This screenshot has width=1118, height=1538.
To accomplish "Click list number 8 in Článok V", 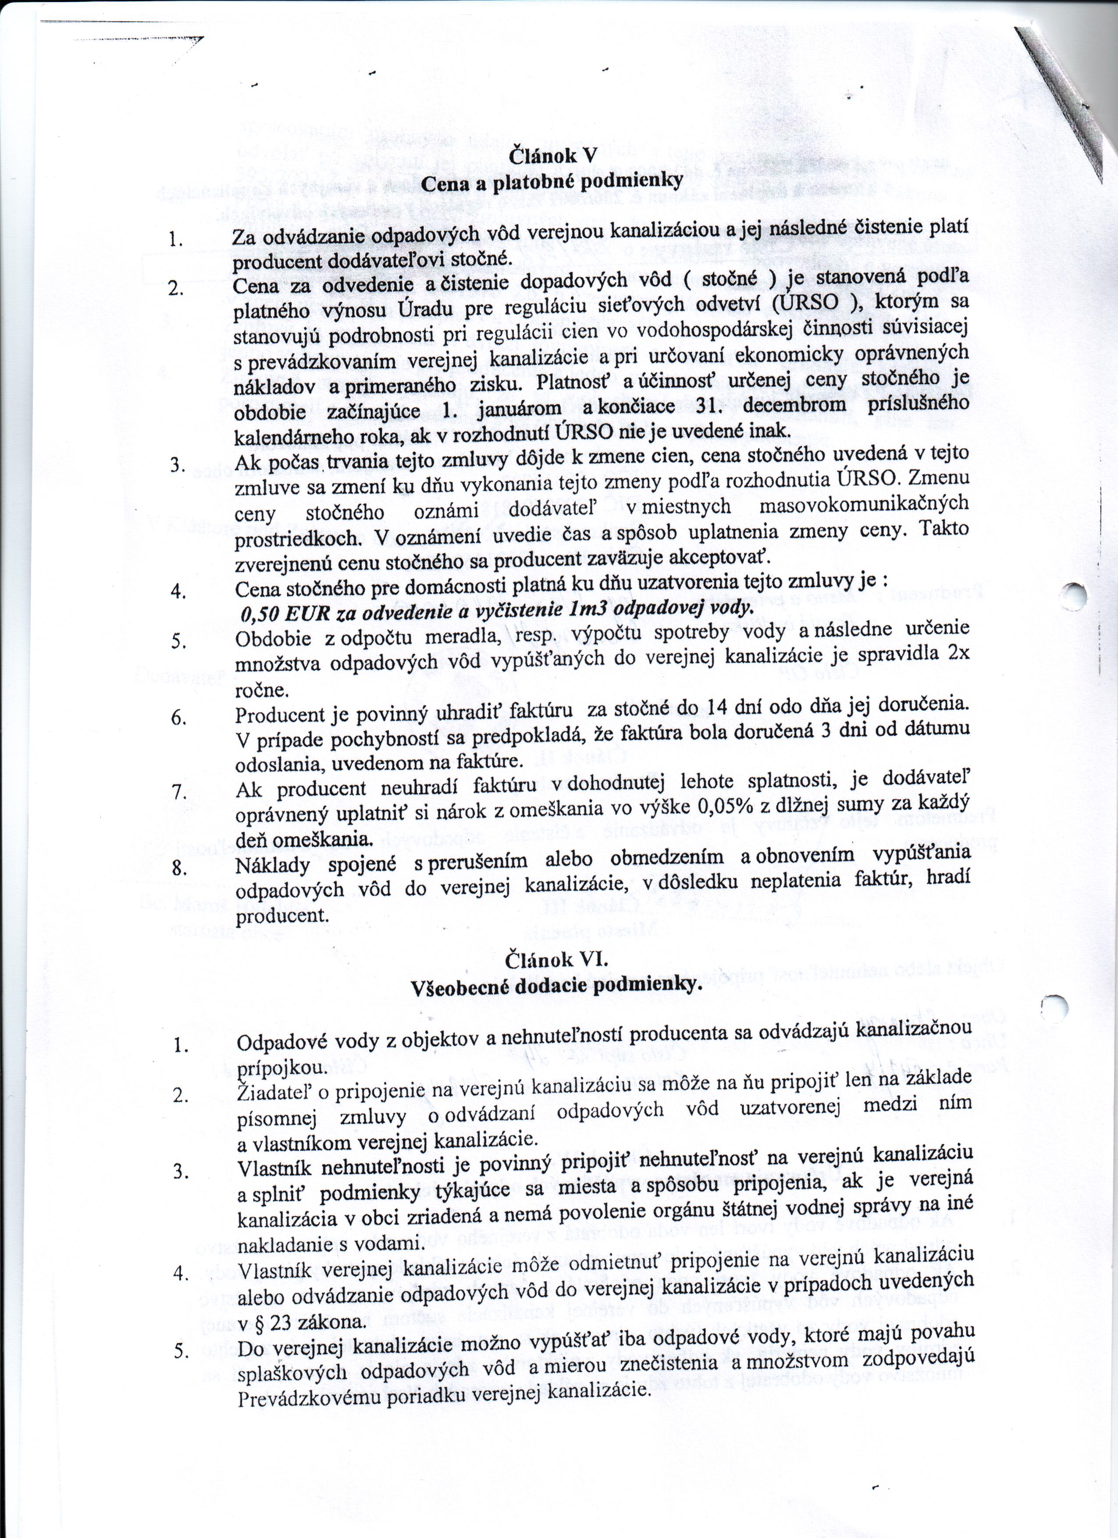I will pyautogui.click(x=178, y=869).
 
